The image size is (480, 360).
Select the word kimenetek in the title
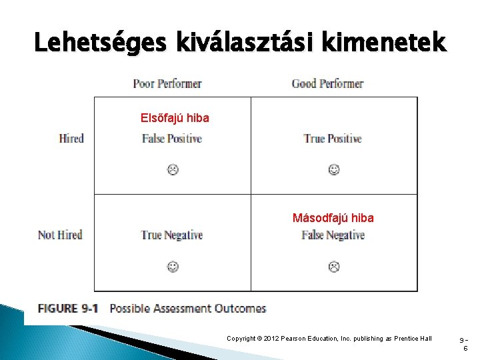pyautogui.click(x=395, y=43)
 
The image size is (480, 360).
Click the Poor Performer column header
pyautogui.click(x=167, y=83)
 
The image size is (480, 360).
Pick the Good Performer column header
pyautogui.click(x=327, y=83)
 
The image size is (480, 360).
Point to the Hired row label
pyautogui.click(x=71, y=139)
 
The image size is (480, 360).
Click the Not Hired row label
pyautogui.click(x=61, y=235)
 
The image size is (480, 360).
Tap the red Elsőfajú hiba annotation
pyautogui.click(x=175, y=118)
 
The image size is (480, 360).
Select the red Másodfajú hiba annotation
pyautogui.click(x=333, y=218)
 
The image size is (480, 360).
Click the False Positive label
pyautogui.click(x=172, y=139)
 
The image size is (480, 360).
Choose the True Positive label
pyautogui.click(x=333, y=139)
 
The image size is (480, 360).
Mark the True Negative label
pyautogui.click(x=172, y=235)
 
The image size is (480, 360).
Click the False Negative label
pyautogui.click(x=333, y=235)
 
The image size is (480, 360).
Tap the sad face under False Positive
pyautogui.click(x=172, y=170)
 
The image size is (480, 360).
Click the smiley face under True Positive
pyautogui.click(x=333, y=170)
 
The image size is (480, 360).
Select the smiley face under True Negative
pyautogui.click(x=172, y=267)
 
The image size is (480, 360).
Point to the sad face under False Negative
pyautogui.click(x=333, y=267)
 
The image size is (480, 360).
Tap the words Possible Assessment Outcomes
pyautogui.click(x=187, y=309)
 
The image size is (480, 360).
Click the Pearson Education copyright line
pyautogui.click(x=330, y=339)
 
